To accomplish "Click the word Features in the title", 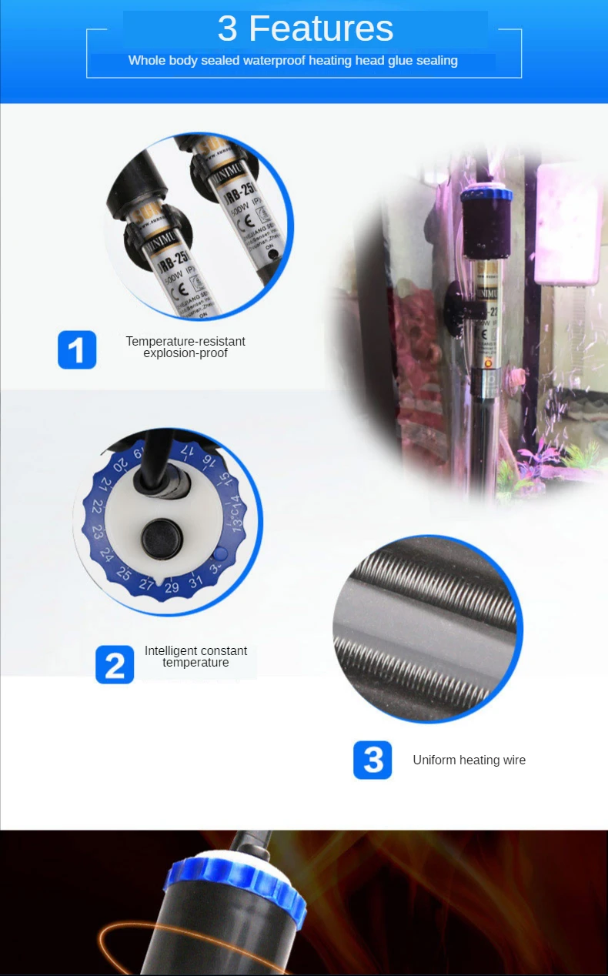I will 321,29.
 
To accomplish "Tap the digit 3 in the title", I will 227,29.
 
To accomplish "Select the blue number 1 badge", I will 77,349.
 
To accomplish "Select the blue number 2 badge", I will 115,664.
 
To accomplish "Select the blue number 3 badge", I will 372,760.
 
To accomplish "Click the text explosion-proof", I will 185,353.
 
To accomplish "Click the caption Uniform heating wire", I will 469,760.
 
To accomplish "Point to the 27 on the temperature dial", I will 147,584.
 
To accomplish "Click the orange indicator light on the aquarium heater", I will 488,360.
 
